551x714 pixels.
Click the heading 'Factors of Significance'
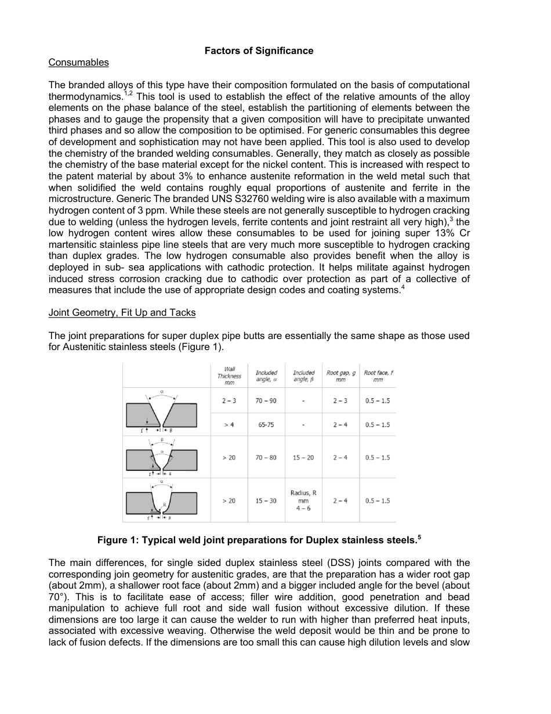259,51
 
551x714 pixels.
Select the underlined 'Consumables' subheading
78,62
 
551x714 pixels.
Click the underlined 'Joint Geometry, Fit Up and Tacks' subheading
122,312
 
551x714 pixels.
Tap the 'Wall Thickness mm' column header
229,376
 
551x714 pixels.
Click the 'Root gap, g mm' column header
340,376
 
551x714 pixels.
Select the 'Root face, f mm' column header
378,376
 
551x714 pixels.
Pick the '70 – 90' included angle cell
266,401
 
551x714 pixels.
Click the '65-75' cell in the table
266,425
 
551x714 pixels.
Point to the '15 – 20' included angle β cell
303,457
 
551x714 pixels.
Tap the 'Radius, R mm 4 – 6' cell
303,500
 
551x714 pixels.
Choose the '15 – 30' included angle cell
266,500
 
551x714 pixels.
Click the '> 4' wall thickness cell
229,425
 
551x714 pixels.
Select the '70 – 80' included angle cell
266,457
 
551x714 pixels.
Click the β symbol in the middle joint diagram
162,440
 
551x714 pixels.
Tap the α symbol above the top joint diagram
161,392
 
